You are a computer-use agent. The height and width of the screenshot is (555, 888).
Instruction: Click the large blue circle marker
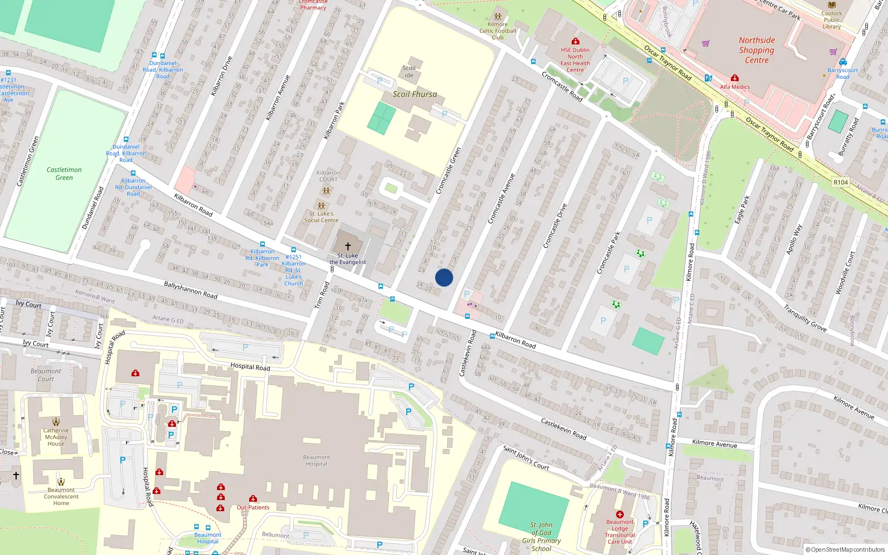[x=444, y=277]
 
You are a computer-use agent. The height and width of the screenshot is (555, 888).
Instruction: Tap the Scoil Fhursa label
[x=415, y=94]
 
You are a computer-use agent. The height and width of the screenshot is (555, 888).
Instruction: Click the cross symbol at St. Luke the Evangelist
[x=348, y=246]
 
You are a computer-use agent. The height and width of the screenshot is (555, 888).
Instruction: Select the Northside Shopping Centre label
[x=756, y=50]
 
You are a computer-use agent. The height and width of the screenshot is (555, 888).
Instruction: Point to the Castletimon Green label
[x=64, y=174]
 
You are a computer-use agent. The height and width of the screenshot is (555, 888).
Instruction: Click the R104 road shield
[x=840, y=182]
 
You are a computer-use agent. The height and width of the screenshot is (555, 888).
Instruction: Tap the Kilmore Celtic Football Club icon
[x=498, y=17]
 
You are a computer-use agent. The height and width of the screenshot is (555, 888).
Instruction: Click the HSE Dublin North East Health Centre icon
[x=576, y=42]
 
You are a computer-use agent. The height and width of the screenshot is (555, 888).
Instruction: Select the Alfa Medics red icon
[x=735, y=78]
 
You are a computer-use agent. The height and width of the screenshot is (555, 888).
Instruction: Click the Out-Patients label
[x=253, y=507]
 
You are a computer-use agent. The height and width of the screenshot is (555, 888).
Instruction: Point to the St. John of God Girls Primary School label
[x=541, y=536]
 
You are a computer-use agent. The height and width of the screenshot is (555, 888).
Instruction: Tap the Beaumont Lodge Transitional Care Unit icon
[x=620, y=514]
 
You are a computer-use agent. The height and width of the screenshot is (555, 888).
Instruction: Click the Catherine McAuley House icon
[x=56, y=422]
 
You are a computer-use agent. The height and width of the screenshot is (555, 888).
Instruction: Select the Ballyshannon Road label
[x=190, y=290]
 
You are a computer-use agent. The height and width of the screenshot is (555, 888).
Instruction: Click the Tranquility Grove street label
[x=805, y=319]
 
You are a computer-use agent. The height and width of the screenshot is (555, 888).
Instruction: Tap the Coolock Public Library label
[x=831, y=20]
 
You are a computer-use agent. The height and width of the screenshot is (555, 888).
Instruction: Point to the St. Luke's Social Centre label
[x=321, y=217]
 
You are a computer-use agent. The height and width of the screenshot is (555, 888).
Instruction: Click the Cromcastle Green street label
[x=448, y=170]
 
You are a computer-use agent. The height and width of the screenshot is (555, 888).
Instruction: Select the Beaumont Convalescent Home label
[x=61, y=496]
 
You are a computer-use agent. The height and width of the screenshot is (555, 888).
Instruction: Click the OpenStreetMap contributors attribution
[x=845, y=550]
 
